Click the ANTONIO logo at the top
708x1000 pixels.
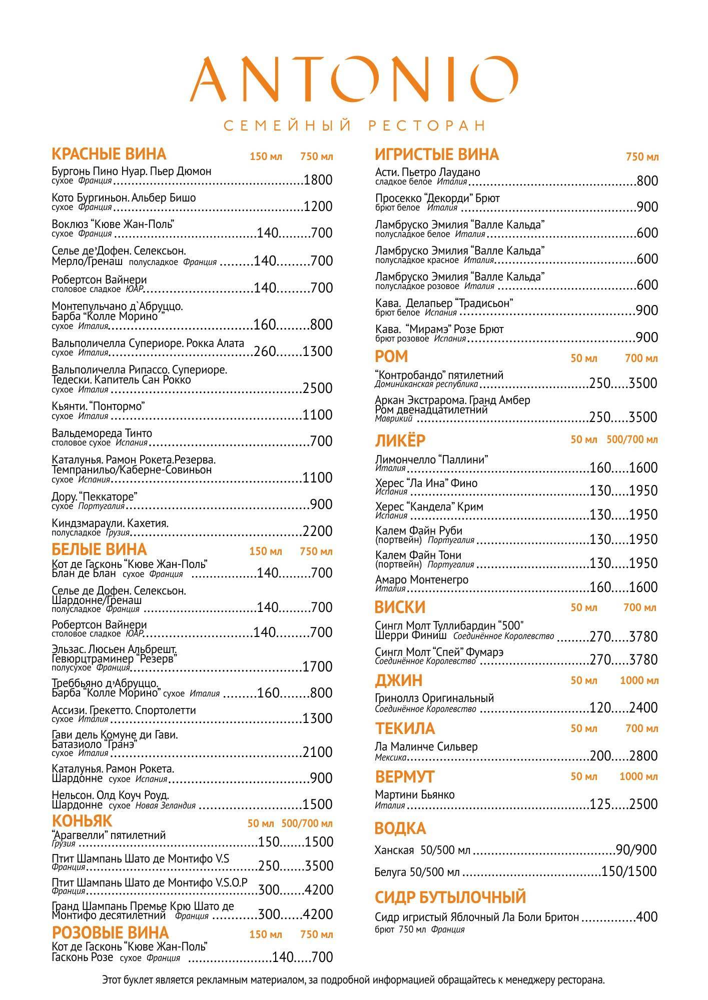pos(354,79)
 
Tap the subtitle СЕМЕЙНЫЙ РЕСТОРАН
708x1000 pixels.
pos(354,125)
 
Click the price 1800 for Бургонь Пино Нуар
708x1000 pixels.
pos(318,180)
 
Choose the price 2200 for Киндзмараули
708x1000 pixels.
pos(318,531)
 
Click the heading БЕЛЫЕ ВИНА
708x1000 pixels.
pos(99,549)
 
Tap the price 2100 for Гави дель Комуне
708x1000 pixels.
pos(318,752)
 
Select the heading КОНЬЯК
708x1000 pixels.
pos(82,821)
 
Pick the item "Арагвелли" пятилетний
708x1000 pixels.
pos(109,835)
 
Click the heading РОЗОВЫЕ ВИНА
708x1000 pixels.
pos(110,933)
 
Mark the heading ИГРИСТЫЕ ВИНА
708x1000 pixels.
pos(437,154)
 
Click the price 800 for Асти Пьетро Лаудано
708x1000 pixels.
pos(647,181)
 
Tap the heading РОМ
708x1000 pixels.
pos(391,356)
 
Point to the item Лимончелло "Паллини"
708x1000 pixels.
pos(431,459)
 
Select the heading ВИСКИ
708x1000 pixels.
pos(400,607)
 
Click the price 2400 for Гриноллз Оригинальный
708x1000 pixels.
pos(643,708)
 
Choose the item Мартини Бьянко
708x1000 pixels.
pos(414,795)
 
